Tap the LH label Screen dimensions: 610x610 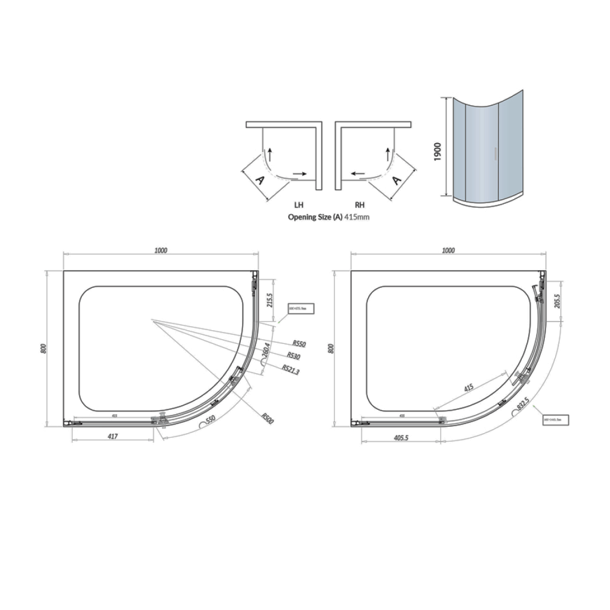tap(298, 205)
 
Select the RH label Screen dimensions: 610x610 tap(359, 205)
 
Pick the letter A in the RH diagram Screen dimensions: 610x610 tap(396, 180)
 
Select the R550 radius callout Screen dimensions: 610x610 tap(299, 344)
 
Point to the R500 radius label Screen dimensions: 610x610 tap(267, 418)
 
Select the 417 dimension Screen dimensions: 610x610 tap(113, 437)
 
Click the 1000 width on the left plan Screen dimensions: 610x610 tap(161, 251)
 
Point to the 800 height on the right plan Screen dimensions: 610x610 tap(331, 348)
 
